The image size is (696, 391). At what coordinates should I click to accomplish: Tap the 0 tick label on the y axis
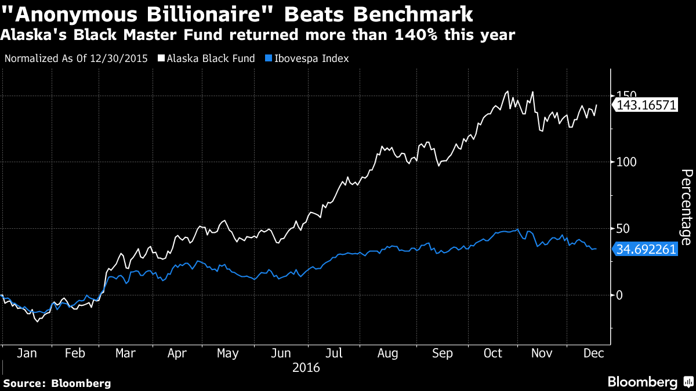tap(619, 295)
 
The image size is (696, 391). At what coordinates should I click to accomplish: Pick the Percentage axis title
tap(686, 206)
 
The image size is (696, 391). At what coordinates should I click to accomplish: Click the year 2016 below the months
tap(306, 367)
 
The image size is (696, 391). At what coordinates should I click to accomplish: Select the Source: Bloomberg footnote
tap(56, 383)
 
